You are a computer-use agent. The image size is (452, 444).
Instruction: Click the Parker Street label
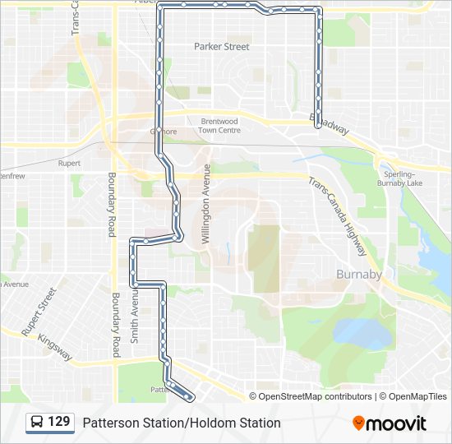click(221, 47)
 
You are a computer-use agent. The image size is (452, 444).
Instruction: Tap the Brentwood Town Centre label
click(220, 126)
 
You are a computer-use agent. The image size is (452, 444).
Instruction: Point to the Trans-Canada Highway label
click(338, 216)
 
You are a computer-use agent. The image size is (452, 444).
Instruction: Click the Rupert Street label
click(39, 312)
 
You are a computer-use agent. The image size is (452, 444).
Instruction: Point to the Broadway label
click(329, 126)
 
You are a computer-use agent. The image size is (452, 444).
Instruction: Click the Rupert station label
click(69, 164)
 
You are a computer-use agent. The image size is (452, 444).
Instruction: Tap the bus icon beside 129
click(38, 423)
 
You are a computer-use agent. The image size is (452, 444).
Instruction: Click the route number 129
click(59, 423)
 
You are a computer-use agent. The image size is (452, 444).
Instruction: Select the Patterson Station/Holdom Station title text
click(182, 423)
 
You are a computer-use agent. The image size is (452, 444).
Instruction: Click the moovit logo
click(390, 423)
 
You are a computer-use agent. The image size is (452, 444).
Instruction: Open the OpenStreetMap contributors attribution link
click(315, 396)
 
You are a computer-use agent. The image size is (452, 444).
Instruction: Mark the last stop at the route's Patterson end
click(191, 397)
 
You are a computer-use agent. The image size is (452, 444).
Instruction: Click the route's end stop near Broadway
click(318, 125)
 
